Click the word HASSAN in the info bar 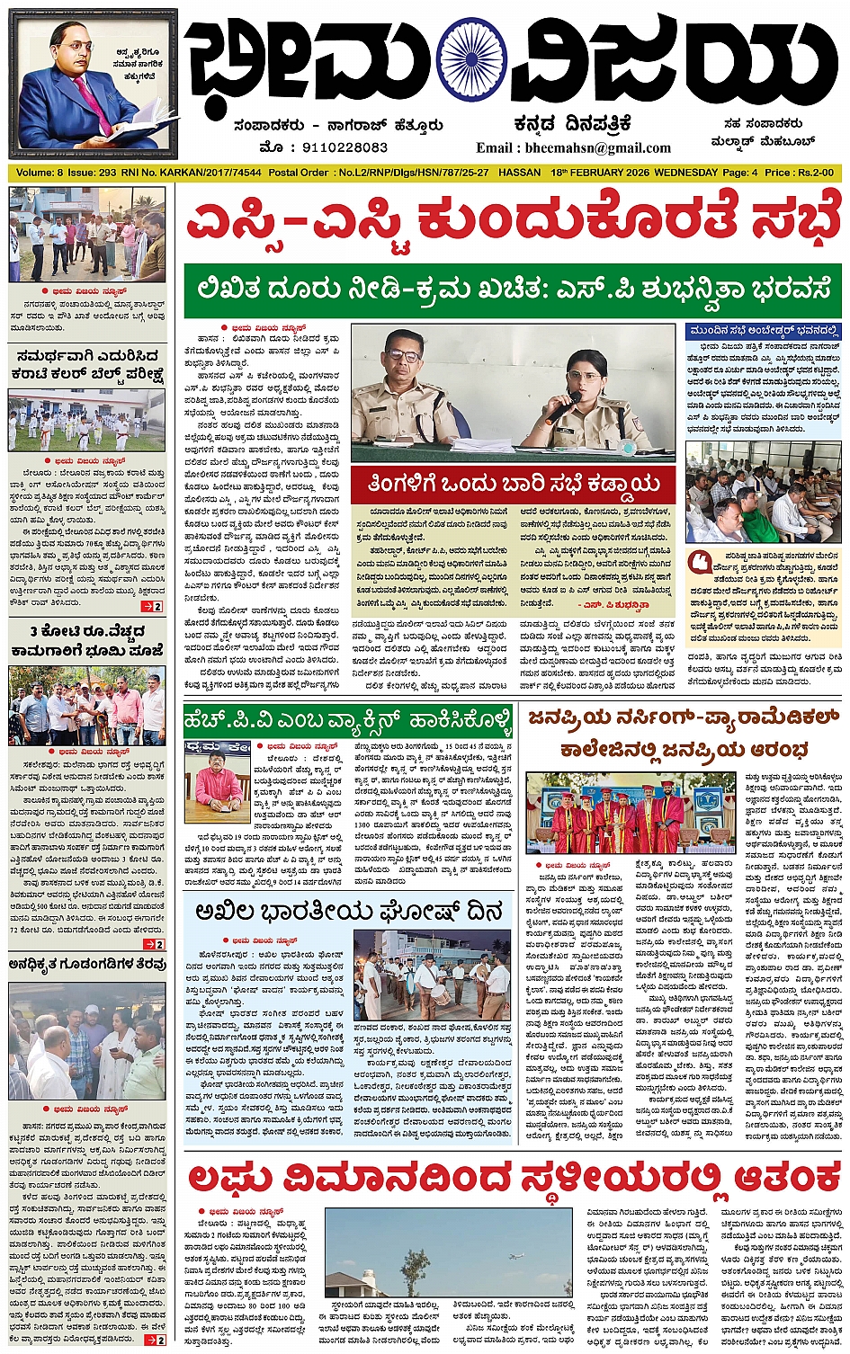(x=519, y=173)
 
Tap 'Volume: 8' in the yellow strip (x=40, y=173)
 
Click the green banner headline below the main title (x=512, y=290)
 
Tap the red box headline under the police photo (x=513, y=485)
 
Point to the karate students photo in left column (x=86, y=421)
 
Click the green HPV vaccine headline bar (x=348, y=720)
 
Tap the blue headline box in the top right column (x=763, y=331)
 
